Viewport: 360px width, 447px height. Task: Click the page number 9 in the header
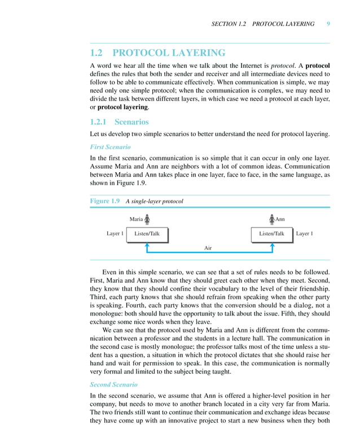pos(328,24)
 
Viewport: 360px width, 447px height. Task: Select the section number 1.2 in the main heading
pos(97,53)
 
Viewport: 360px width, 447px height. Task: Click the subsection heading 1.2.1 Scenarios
pos(120,121)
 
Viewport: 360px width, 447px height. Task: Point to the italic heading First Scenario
pos(110,147)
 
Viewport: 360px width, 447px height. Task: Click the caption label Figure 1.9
pos(105,201)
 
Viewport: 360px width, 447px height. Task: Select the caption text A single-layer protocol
pos(154,201)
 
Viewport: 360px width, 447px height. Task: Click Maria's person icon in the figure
pos(147,219)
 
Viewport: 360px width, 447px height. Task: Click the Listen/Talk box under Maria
pos(147,234)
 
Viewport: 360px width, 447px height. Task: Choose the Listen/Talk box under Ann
pos(271,234)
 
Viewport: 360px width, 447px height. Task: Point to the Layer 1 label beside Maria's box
pos(115,234)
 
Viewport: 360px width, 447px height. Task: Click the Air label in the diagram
pos(208,248)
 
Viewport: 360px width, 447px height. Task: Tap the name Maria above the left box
pos(136,219)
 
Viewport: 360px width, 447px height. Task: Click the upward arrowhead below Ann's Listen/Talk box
pos(272,245)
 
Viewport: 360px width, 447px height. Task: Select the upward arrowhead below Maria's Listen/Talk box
pos(147,245)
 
